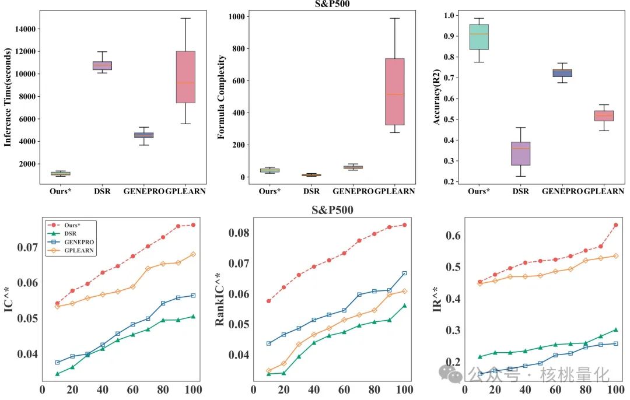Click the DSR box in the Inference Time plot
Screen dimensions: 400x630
click(102, 65)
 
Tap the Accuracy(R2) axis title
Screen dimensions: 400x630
click(436, 97)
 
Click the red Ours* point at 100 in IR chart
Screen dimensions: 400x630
click(616, 225)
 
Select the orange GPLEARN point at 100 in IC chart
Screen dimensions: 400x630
click(193, 254)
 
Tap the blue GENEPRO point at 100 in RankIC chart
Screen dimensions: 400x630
click(404, 273)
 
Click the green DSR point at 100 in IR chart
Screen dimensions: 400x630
click(616, 330)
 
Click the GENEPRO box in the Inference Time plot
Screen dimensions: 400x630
click(143, 135)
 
